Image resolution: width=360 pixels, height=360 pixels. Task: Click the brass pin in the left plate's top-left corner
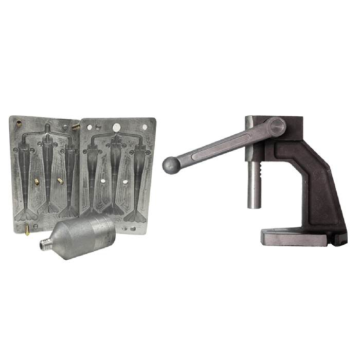[x=19, y=122]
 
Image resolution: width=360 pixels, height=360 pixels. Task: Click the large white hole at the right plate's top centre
[x=116, y=126]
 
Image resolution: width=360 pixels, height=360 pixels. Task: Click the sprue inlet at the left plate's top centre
[x=47, y=127]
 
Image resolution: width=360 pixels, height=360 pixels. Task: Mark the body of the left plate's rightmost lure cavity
[x=70, y=165]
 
